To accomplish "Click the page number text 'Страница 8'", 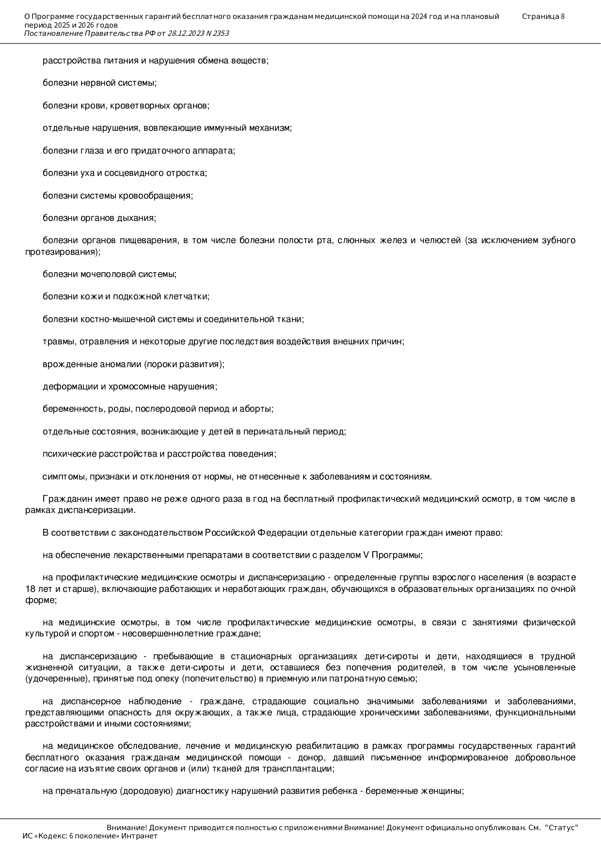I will [543, 16].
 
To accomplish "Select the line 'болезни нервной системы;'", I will [99, 83].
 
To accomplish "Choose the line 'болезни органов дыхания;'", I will [99, 218].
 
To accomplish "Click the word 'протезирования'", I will [61, 252].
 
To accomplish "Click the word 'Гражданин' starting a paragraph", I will [66, 499].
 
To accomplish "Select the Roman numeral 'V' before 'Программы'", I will [365, 555].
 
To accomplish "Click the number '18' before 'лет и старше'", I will [30, 589].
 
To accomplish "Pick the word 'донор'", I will [309, 757].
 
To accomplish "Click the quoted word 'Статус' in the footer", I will [561, 828].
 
